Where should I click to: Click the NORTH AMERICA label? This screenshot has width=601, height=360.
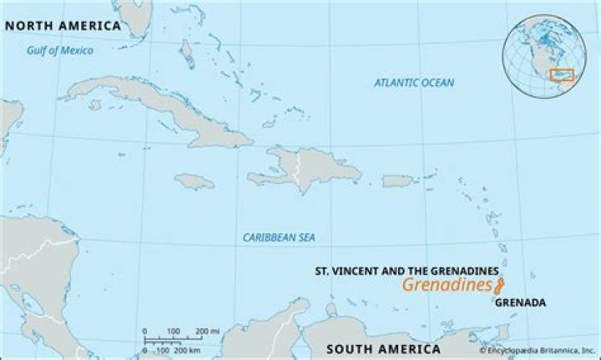(x=63, y=26)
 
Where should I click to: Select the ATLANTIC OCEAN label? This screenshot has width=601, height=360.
(x=414, y=83)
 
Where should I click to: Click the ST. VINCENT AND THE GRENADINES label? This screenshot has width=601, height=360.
(x=407, y=271)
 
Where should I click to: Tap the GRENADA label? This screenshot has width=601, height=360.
(x=520, y=302)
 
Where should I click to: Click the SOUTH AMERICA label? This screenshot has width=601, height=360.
(x=383, y=348)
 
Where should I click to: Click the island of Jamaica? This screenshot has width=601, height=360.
(x=195, y=180)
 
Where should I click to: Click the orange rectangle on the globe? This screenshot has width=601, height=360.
(x=563, y=75)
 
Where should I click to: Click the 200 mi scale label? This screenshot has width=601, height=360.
(x=208, y=332)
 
